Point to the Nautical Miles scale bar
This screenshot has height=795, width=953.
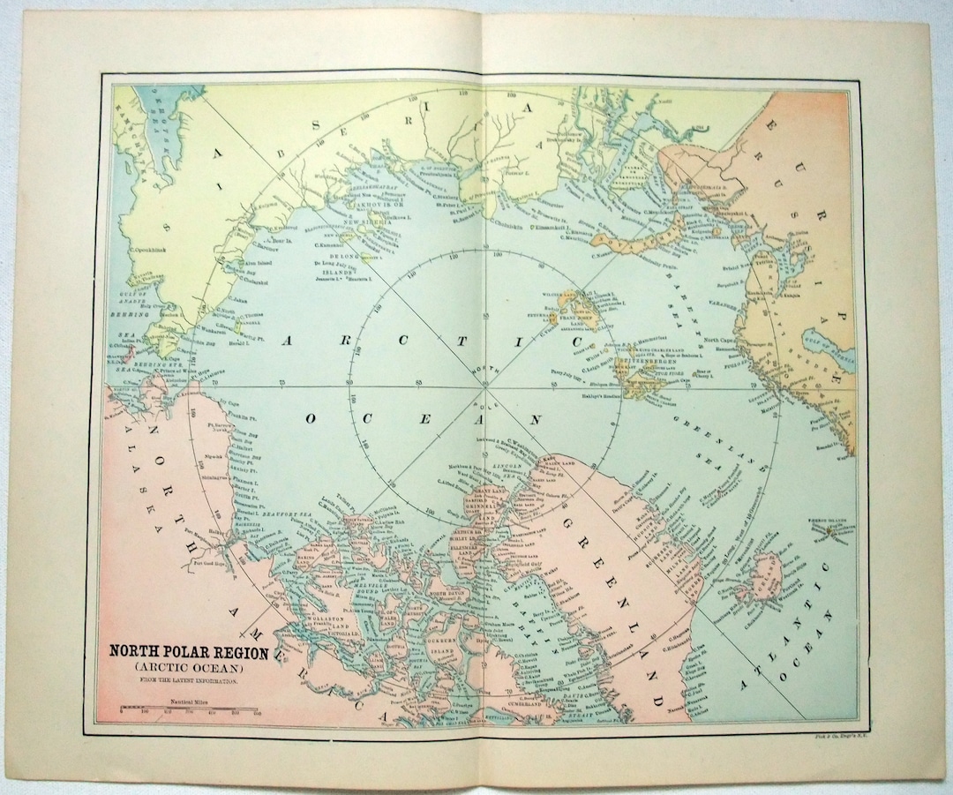pyautogui.click(x=191, y=709)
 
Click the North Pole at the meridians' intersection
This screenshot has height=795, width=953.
pyautogui.click(x=484, y=386)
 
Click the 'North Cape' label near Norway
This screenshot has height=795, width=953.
pyautogui.click(x=720, y=337)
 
